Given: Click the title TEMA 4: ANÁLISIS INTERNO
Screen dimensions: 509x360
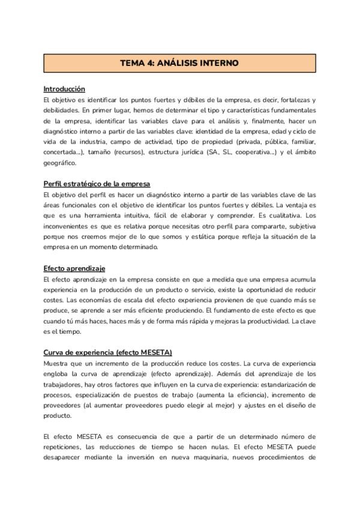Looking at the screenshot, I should click(179, 62).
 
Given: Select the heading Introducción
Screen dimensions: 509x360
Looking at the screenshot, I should click(64, 89).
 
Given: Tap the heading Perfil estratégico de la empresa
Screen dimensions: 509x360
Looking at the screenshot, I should click(97, 184).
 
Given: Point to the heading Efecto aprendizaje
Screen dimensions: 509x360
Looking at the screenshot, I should click(75, 268).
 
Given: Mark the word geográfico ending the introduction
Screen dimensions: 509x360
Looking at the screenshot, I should click(59, 163).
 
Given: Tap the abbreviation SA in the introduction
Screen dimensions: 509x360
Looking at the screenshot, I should click(212, 152).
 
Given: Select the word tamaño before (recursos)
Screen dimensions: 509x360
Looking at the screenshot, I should click(98, 152).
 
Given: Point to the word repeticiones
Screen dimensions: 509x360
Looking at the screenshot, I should click(63, 447).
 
